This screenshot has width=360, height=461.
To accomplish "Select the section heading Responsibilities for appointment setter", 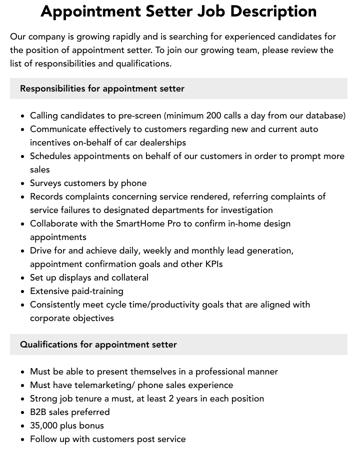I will coord(102,88).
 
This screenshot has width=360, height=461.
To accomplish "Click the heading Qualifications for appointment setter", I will coord(98,344).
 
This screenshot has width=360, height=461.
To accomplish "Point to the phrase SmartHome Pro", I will coord(148,223).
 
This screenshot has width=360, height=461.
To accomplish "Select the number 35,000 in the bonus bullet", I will coord(43,425).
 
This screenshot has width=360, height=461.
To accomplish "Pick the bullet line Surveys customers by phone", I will coord(88,183).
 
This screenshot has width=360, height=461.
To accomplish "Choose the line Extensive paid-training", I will coord(76,291).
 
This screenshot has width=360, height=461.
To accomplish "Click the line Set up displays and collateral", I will coord(89,277).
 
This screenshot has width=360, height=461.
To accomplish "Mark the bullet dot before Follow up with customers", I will coord(23,439).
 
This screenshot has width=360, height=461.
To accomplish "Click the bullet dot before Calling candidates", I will coord(23,116).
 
